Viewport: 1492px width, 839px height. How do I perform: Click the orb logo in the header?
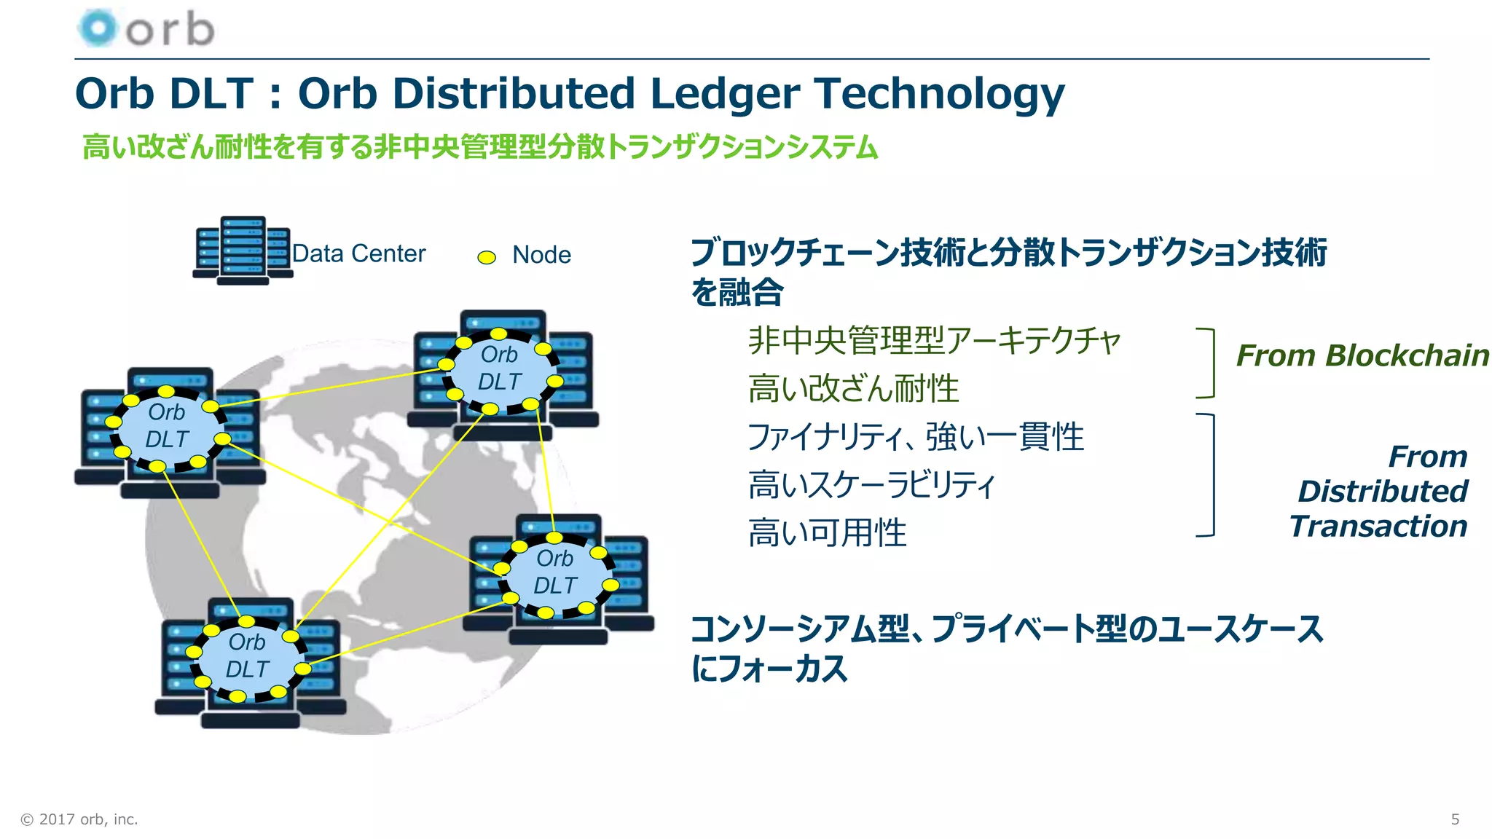click(x=146, y=29)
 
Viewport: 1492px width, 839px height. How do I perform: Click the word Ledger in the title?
click(x=725, y=94)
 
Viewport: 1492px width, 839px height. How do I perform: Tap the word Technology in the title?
click(x=939, y=94)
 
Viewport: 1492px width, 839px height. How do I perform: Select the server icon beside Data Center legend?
click(x=243, y=250)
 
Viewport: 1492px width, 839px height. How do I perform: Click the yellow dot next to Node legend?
click(x=486, y=257)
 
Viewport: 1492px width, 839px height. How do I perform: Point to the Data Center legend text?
click(x=358, y=253)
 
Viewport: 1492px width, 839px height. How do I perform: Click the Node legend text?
click(x=541, y=255)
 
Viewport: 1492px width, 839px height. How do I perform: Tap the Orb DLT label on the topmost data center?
click(x=500, y=368)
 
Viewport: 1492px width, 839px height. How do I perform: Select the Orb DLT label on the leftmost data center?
click(x=167, y=426)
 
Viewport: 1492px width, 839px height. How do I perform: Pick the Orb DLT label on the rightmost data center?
click(x=555, y=572)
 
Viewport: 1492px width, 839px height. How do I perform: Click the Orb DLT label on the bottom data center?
click(x=247, y=655)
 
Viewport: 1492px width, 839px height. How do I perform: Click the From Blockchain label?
click(x=1362, y=355)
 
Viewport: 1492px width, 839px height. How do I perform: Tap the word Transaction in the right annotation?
click(x=1378, y=526)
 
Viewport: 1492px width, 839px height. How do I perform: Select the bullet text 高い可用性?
click(x=827, y=532)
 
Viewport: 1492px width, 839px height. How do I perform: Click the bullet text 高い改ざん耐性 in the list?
click(x=853, y=388)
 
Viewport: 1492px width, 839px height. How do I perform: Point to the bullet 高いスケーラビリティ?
click(x=871, y=484)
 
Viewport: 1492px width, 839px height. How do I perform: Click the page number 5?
click(x=1455, y=819)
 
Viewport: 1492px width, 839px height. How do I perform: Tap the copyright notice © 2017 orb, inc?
click(x=79, y=819)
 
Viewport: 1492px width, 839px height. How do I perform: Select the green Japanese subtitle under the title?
click(x=479, y=147)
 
